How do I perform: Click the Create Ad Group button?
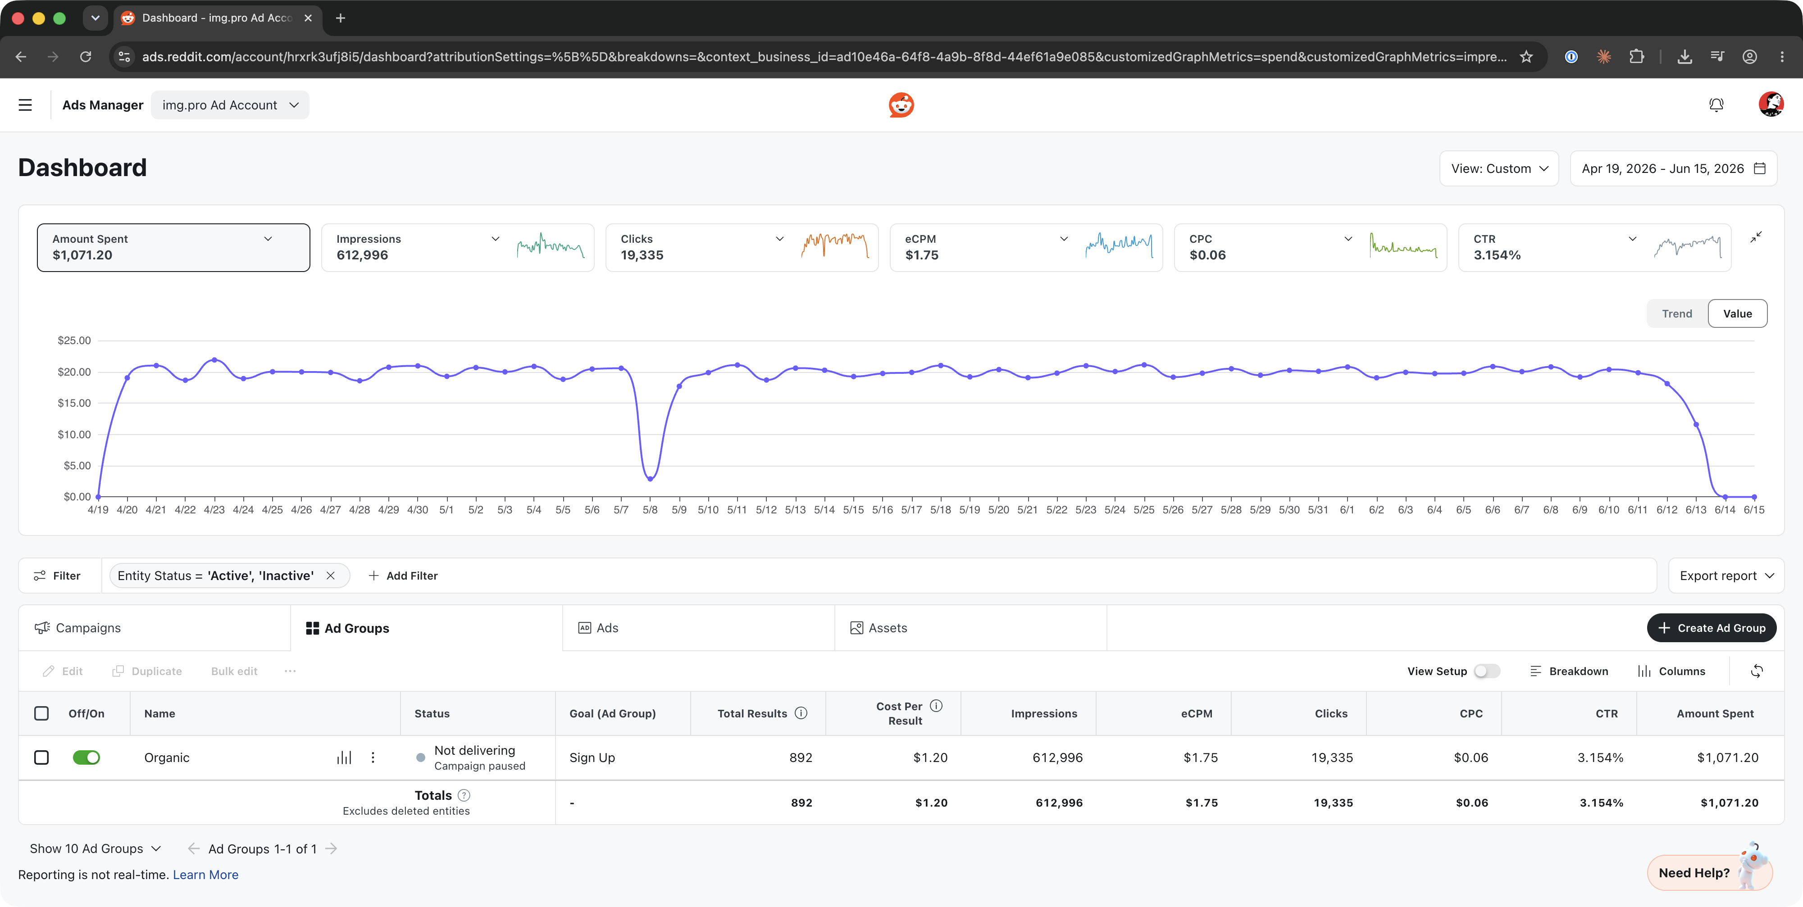1711,628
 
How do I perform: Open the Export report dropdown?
1726,575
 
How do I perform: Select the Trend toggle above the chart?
1677,313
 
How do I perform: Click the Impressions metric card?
457,247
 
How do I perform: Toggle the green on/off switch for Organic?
86,757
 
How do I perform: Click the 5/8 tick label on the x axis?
650,509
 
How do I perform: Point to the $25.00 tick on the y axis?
74,340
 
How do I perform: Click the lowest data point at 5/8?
650,479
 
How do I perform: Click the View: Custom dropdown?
1498,169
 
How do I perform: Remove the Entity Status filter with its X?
330,575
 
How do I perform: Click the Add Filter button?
403,575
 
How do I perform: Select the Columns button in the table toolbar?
1671,671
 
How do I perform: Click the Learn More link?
206,875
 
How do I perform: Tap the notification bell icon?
1716,105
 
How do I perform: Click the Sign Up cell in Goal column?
592,757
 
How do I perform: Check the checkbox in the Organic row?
41,757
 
